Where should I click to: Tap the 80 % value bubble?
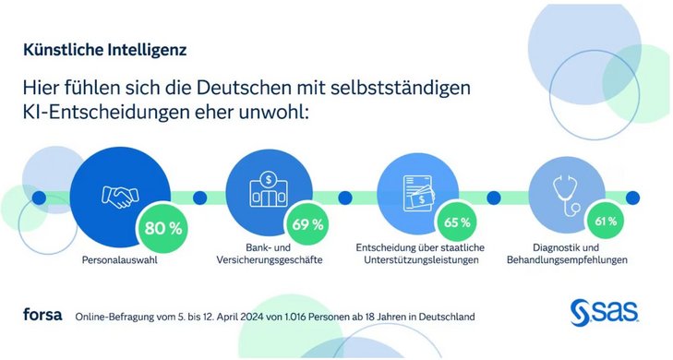(162, 224)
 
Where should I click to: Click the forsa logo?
(42, 316)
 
